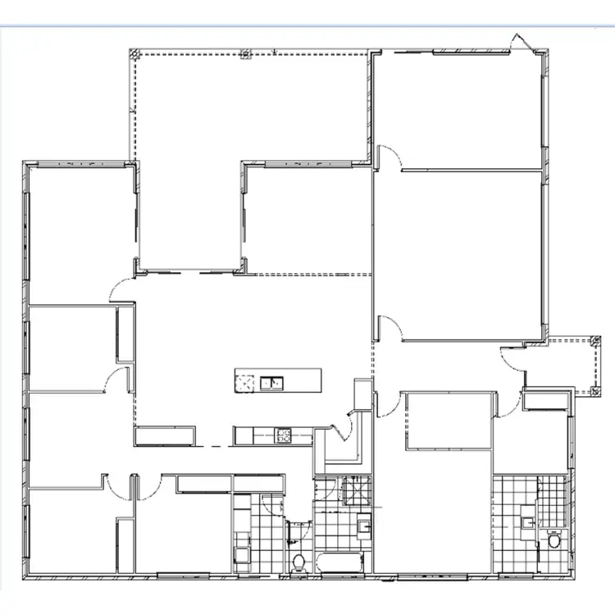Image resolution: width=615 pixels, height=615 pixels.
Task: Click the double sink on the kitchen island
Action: [271, 381]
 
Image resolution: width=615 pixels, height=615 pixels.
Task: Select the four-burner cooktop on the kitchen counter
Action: [283, 435]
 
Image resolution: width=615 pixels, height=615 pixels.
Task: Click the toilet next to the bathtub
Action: [300, 560]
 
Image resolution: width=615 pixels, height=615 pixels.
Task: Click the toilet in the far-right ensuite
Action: [553, 541]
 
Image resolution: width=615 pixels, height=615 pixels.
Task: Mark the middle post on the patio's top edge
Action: [244, 54]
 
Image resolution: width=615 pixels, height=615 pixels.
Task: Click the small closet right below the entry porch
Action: [544, 401]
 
